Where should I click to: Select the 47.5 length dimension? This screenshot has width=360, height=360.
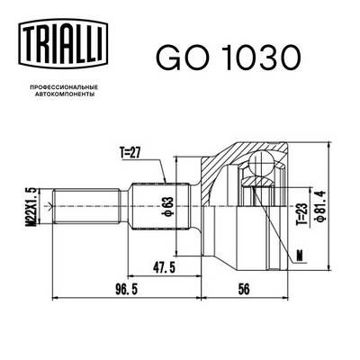pos(163,268)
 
